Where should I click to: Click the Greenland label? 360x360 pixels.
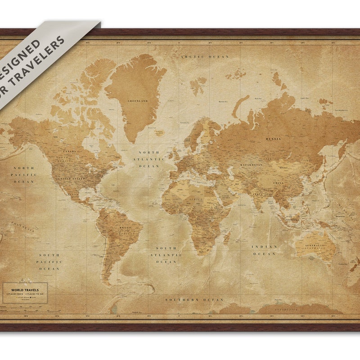pos(138,101)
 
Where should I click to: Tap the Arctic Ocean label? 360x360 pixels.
pos(205,57)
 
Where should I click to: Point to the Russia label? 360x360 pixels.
pos(273,139)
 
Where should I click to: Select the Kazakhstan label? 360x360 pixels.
pos(251,165)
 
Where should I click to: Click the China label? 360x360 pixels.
pos(278,183)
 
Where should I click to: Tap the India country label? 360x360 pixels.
pos(257,194)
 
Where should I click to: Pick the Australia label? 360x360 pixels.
pos(315,245)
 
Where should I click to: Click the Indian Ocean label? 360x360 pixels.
pos(264,250)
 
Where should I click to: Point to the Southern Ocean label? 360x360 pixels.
pos(194,299)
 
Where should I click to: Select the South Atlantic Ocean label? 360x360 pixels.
pos(166,255)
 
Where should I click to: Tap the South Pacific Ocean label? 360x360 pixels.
pos(49,261)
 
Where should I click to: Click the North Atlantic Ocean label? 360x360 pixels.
pos(149,159)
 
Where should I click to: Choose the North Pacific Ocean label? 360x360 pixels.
pos(23,175)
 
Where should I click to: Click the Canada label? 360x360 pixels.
pos(69,151)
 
